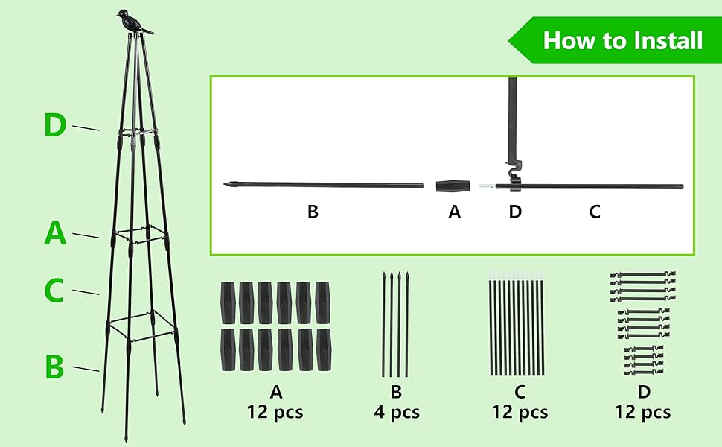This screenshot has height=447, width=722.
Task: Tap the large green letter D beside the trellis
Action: [55, 125]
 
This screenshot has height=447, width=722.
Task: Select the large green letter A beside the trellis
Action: [55, 234]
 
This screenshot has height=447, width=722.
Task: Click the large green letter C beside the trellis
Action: [54, 291]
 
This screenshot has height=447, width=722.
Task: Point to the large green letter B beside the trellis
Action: [54, 367]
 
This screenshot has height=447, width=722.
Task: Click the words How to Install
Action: [622, 39]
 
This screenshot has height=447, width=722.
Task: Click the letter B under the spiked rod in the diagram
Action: [313, 212]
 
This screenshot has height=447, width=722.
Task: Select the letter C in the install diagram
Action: [594, 212]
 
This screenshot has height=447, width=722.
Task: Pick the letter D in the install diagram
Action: [515, 212]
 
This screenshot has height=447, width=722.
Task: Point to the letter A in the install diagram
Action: [454, 212]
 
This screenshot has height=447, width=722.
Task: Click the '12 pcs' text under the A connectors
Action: [275, 412]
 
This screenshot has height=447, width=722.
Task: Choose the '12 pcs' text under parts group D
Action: [642, 412]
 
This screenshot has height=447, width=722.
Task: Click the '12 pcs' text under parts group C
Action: [520, 412]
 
